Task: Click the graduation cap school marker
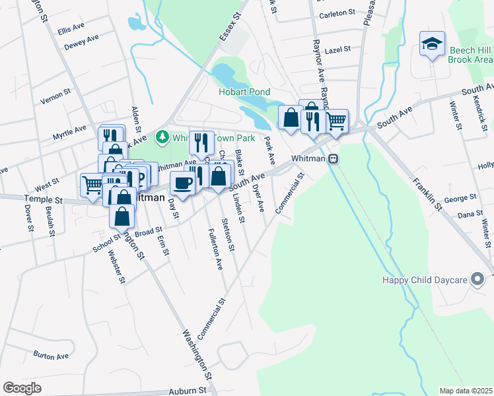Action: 432,44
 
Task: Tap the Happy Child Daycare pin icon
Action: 477,280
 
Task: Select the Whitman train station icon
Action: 334,159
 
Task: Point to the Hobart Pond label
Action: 245,92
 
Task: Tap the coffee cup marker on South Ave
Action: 182,182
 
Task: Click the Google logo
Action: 22,388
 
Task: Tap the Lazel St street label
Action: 337,49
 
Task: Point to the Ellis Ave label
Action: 71,29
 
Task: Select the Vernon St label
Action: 55,95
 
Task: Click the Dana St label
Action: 470,214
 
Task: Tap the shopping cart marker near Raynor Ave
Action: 336,120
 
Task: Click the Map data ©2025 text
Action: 465,391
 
